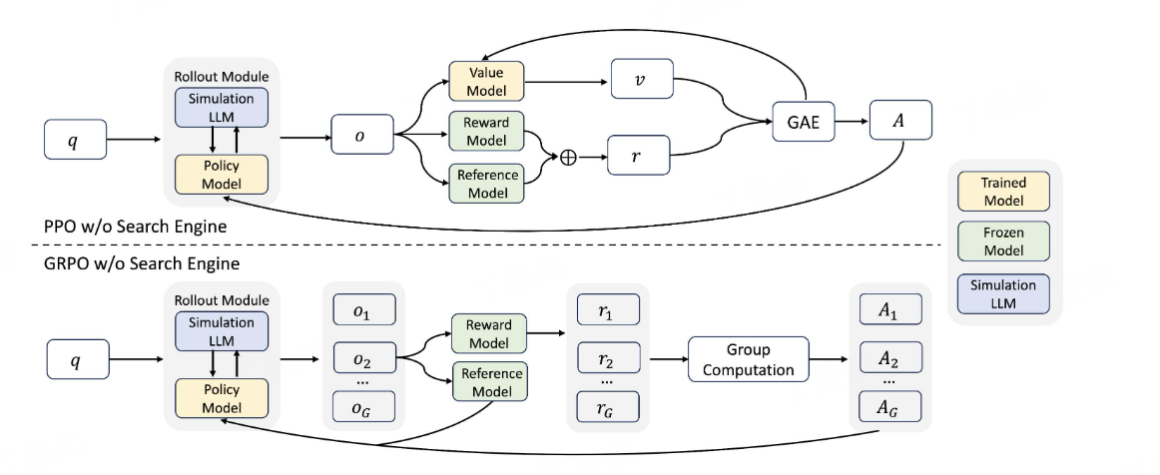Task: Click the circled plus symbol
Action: point(569,159)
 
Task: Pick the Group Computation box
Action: point(748,361)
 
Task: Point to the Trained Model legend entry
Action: point(1003,191)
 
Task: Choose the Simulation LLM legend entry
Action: point(1003,292)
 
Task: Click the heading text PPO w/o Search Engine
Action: point(137,228)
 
